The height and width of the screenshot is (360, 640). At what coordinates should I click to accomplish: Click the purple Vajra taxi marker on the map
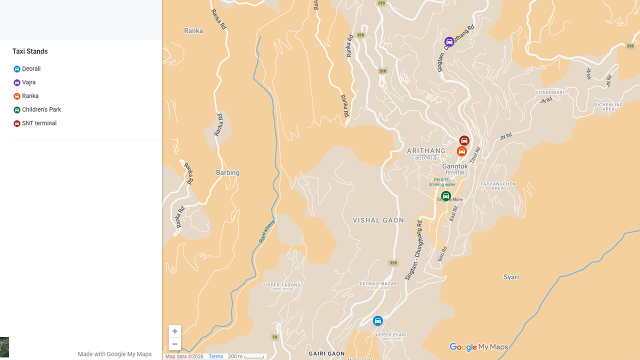click(x=449, y=41)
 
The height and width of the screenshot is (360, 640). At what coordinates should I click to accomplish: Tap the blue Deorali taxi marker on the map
click(x=378, y=320)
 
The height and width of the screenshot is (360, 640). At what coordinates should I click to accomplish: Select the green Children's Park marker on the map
click(x=446, y=196)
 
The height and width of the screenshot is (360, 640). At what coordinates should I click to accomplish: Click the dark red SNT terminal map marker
click(x=464, y=140)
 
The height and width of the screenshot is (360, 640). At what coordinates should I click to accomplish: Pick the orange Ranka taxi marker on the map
click(x=462, y=151)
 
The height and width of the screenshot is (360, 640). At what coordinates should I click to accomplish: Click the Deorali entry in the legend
click(x=31, y=69)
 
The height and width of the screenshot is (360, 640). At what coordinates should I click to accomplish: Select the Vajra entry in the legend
click(x=28, y=82)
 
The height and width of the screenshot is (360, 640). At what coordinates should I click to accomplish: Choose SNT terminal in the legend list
click(x=39, y=123)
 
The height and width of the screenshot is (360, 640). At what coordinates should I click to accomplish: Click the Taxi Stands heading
click(x=30, y=51)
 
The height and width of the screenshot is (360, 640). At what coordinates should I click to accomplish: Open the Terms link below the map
click(x=215, y=356)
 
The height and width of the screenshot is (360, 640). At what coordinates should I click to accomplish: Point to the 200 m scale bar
click(x=246, y=356)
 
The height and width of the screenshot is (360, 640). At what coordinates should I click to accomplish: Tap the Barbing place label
click(x=227, y=173)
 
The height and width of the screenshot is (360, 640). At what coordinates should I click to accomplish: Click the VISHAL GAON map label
click(x=378, y=220)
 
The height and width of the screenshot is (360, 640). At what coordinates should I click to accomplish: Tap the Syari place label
click(x=511, y=277)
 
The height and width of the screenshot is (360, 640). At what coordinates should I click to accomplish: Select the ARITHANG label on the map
click(x=426, y=151)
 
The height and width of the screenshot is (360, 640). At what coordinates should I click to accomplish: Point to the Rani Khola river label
click(x=266, y=231)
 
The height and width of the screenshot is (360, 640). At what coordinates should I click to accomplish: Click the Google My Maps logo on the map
click(x=478, y=347)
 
